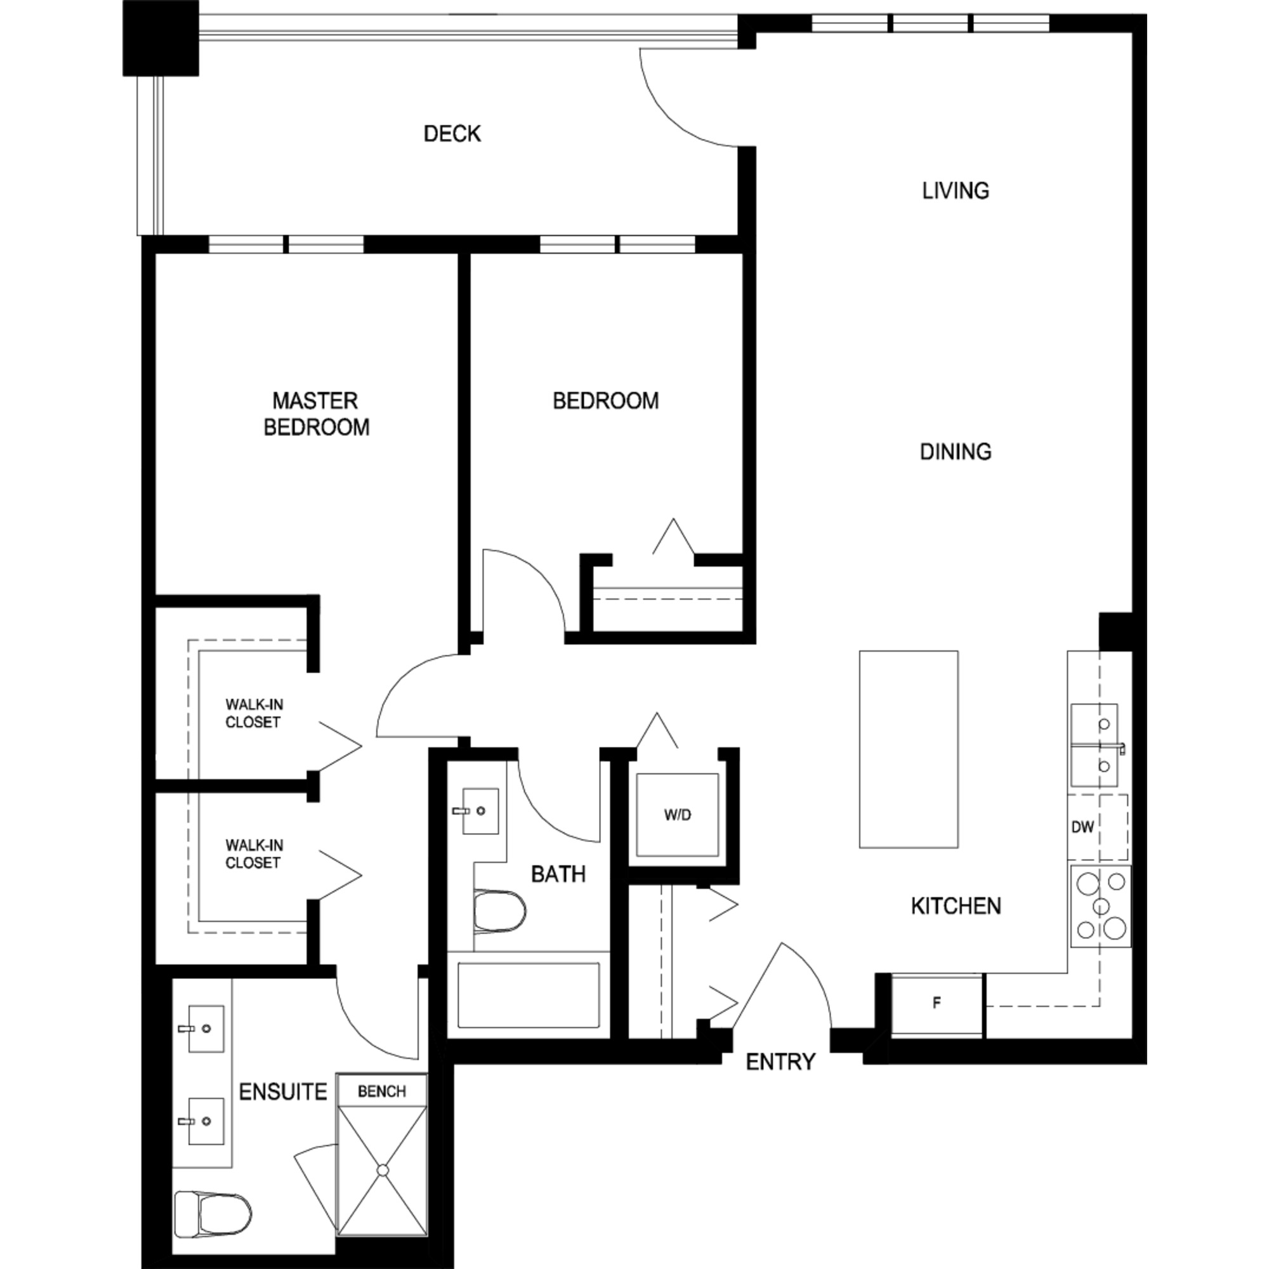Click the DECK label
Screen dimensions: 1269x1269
pyautogui.click(x=452, y=134)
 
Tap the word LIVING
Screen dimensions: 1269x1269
pyautogui.click(x=956, y=191)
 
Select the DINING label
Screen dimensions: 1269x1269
pyautogui.click(x=956, y=452)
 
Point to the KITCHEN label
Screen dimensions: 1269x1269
pyautogui.click(x=956, y=907)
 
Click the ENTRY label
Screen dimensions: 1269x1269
pyautogui.click(x=780, y=1062)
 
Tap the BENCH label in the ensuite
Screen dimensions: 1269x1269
pyautogui.click(x=381, y=1091)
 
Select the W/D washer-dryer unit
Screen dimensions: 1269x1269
pyautogui.click(x=677, y=815)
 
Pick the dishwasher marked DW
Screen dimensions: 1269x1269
pyautogui.click(x=1098, y=827)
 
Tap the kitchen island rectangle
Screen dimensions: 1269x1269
pyautogui.click(x=909, y=749)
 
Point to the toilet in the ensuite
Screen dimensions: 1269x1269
pyautogui.click(x=213, y=1214)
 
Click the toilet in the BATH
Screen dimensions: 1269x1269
pyautogui.click(x=500, y=911)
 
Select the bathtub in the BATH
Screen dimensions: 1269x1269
pyautogui.click(x=529, y=995)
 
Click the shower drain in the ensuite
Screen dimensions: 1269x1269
pyautogui.click(x=382, y=1170)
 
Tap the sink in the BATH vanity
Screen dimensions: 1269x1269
pyautogui.click(x=480, y=811)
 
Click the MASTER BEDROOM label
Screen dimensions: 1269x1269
pyautogui.click(x=316, y=414)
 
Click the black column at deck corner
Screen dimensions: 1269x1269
pyautogui.click(x=161, y=38)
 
